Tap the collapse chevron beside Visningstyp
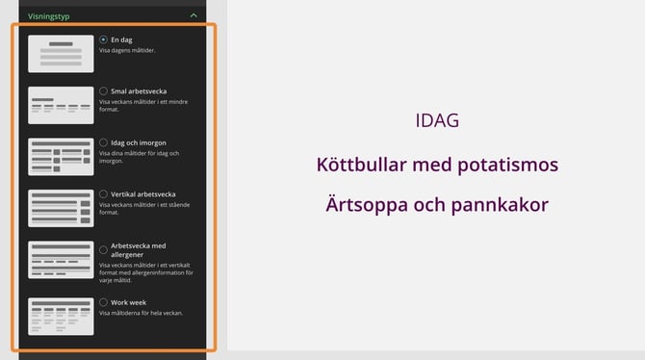coord(193,15)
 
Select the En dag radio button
coord(103,39)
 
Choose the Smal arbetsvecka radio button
coord(103,90)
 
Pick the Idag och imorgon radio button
coord(103,142)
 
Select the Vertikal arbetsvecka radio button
coord(103,193)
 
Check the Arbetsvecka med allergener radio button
coord(103,250)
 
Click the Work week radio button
coord(103,302)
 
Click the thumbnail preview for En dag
coord(61,54)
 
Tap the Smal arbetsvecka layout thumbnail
coord(61,105)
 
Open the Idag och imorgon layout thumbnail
coord(61,157)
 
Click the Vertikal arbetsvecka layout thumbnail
coord(61,208)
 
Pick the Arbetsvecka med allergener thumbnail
coord(61,260)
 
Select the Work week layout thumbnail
coord(61,317)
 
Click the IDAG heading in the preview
coord(437,122)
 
